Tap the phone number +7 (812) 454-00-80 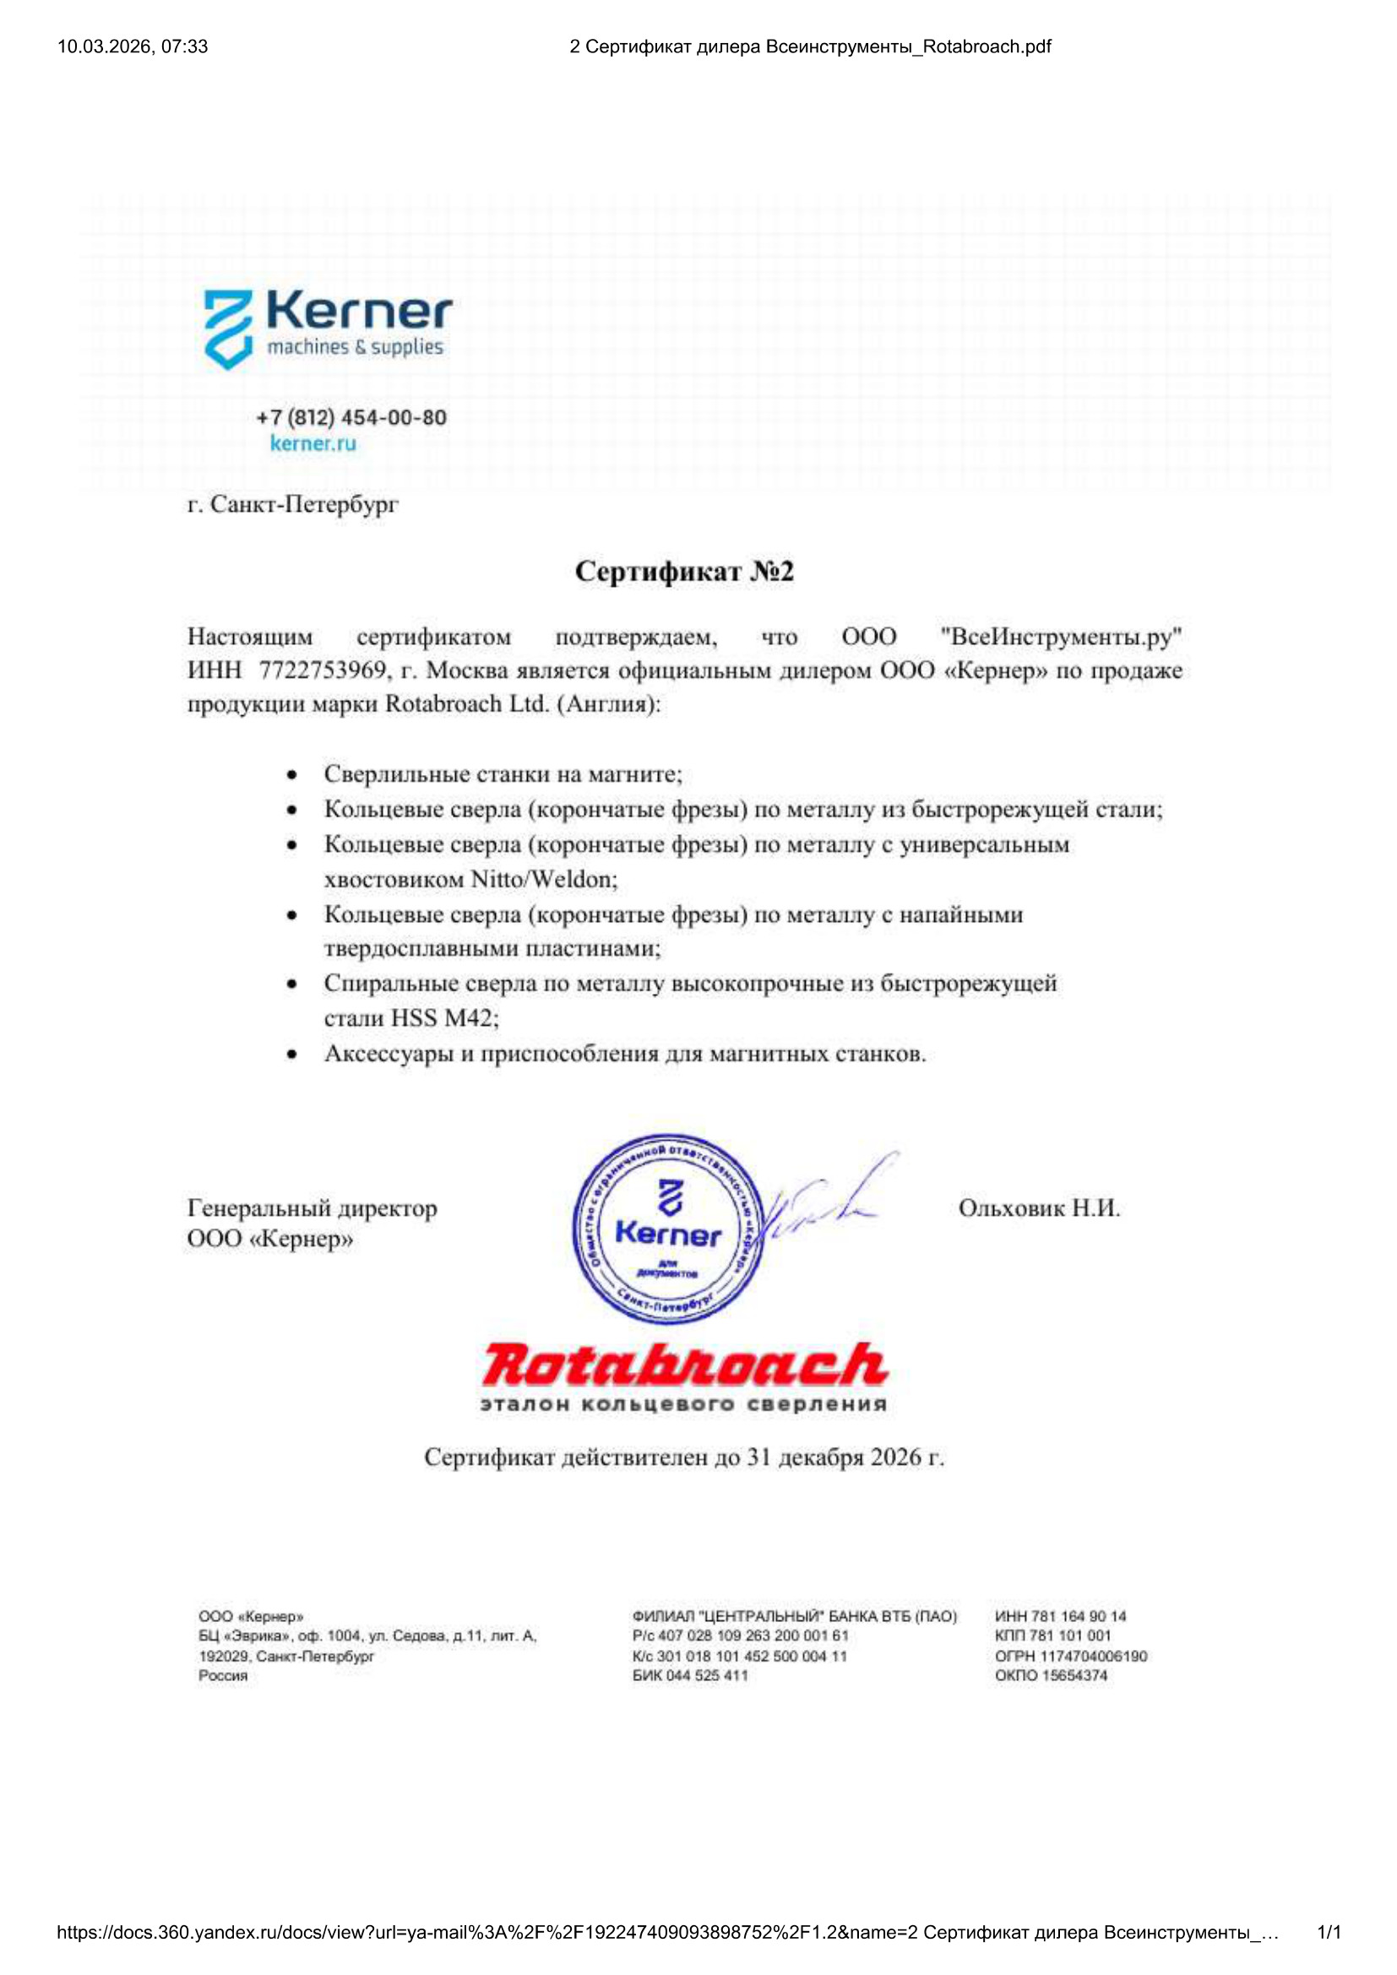[x=351, y=418]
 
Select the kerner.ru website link [x=313, y=444]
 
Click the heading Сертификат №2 [x=684, y=571]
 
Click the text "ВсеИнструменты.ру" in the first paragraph [x=1062, y=637]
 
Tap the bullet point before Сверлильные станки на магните [x=292, y=775]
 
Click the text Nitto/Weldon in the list [x=544, y=879]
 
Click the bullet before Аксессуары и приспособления [x=292, y=1055]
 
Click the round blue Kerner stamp [x=668, y=1228]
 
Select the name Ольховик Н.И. [x=1038, y=1208]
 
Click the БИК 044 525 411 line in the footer [x=690, y=1675]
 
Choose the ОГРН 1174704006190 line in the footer [x=1070, y=1656]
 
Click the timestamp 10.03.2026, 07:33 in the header [x=133, y=46]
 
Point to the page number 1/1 [x=1329, y=1933]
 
